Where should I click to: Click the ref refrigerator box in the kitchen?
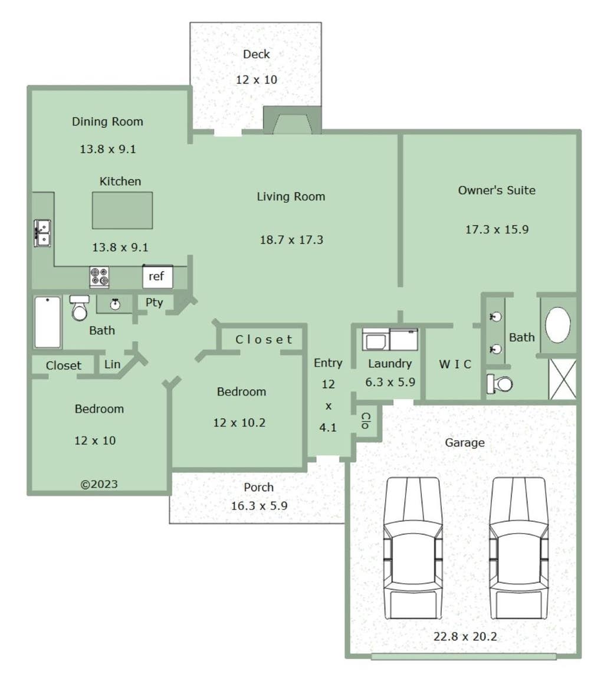pos(157,277)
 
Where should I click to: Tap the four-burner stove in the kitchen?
pos(99,277)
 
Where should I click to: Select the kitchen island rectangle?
pos(122,211)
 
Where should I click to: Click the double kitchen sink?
pos(42,234)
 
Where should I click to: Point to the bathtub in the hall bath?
pos(48,323)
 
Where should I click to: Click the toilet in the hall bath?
pos(80,308)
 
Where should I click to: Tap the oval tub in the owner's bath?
pos(558,325)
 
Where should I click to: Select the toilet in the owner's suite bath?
pos(500,384)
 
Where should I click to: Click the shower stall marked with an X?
pos(562,379)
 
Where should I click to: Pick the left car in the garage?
pos(413,548)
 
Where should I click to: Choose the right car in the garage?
pos(518,548)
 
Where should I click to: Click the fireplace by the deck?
pos(293,120)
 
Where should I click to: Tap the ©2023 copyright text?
pos(99,484)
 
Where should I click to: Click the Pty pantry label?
pos(154,302)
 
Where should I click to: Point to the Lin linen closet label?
pos(112,364)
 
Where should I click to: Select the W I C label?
pos(455,364)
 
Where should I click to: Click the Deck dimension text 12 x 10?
pos(257,80)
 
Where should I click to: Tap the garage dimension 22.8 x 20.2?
pos(465,636)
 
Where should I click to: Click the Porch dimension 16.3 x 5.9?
pos(259,506)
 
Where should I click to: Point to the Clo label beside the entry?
pos(366,420)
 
